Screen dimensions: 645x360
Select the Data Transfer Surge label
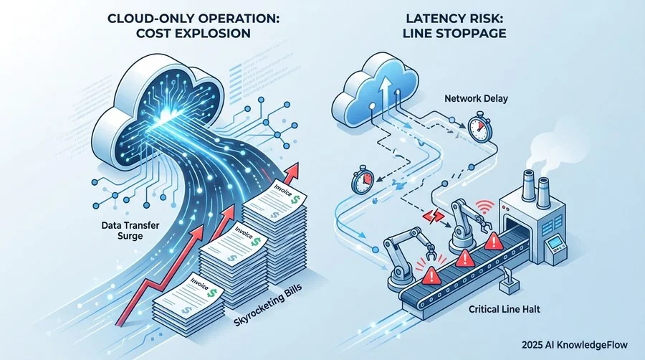pos(130,230)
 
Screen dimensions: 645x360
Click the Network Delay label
pos(476,99)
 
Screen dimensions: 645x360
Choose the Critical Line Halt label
pos(505,309)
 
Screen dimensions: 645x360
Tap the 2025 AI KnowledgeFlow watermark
pos(575,345)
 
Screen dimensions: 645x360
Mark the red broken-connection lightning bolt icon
pos(434,216)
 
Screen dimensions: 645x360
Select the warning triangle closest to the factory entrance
pos(494,241)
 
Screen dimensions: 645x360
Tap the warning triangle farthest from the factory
pos(431,275)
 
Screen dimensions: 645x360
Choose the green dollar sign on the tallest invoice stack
pos(295,200)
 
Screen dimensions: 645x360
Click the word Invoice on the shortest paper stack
pos(200,284)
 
